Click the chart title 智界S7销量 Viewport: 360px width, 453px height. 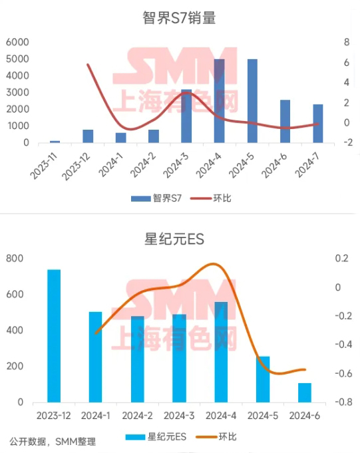point(179,18)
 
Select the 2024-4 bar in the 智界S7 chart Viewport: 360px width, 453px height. point(219,100)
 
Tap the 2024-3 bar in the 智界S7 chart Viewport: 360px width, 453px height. point(186,116)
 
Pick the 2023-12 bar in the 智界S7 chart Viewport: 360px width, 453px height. point(88,136)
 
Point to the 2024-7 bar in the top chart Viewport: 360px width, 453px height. point(318,123)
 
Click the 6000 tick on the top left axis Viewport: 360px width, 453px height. point(17,42)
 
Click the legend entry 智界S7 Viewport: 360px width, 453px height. point(158,198)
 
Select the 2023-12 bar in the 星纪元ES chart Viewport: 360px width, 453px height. point(54,336)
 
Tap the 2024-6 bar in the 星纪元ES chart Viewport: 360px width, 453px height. point(305,392)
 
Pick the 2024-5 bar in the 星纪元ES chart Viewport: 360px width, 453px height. point(264,379)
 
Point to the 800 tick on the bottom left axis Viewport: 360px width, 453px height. point(15,258)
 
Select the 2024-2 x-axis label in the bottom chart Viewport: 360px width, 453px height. point(137,416)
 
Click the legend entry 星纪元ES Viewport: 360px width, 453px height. point(162,437)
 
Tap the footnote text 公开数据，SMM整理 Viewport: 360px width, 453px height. point(53,441)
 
